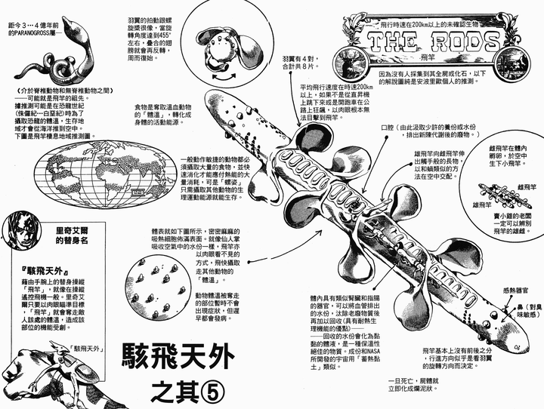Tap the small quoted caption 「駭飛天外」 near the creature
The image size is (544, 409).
[89, 348]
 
